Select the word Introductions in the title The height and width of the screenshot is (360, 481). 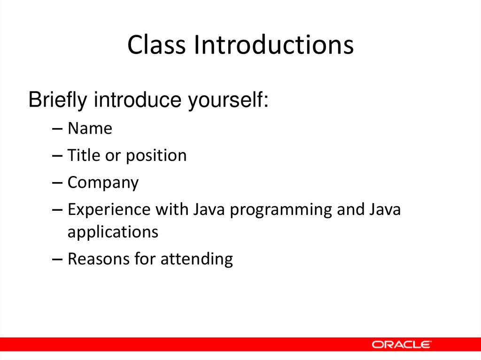tap(275, 45)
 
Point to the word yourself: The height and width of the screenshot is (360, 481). tap(228, 101)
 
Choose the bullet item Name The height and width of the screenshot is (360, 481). tap(90, 128)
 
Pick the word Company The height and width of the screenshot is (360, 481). tap(103, 183)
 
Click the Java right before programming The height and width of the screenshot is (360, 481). tap(207, 210)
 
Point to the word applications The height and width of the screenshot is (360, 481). tap(113, 232)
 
